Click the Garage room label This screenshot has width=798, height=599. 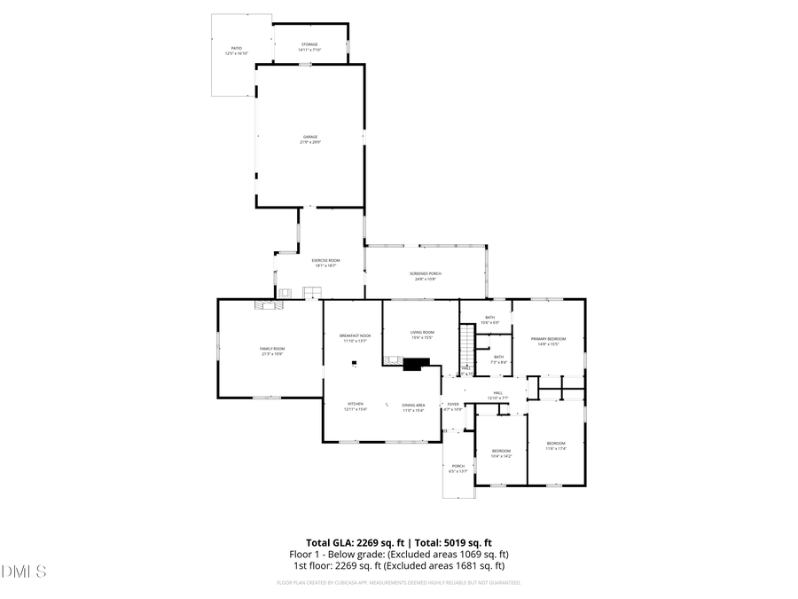coord(309,137)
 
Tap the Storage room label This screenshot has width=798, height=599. coord(309,44)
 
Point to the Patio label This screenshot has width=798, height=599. coord(237,48)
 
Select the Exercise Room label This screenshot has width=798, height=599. coord(325,260)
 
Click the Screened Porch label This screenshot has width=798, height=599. coord(426,273)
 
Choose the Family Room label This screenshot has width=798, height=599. coord(271,349)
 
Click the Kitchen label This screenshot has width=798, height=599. coord(355,404)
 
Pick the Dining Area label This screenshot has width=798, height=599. coord(414,405)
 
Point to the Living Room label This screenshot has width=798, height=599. coord(422,332)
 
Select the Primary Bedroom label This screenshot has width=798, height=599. coord(548,339)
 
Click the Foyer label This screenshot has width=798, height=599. coord(453,405)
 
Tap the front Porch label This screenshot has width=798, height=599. coord(458,466)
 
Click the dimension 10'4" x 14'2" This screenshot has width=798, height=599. coord(502,456)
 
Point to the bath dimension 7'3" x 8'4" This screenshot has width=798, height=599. coord(499,362)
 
